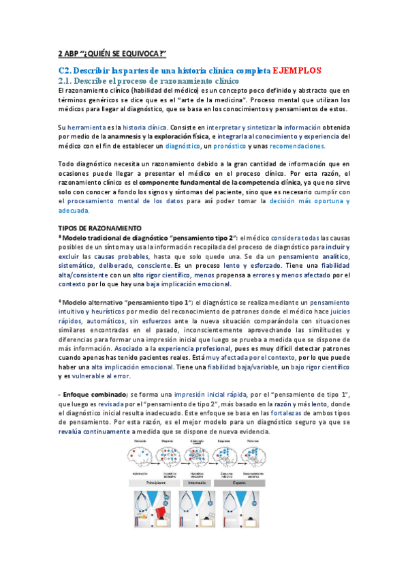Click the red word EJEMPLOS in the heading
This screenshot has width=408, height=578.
pos(302,70)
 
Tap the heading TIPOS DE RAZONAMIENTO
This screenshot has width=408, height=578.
pos(99,227)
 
